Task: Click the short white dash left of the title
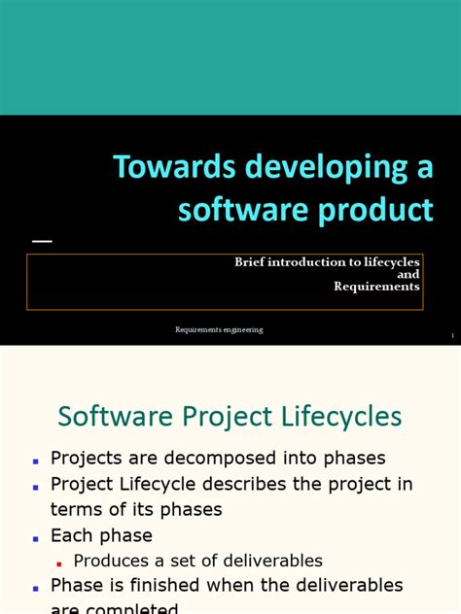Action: point(42,240)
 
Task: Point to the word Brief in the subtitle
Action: point(249,262)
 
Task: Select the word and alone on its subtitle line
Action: point(409,274)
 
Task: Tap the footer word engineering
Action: point(243,330)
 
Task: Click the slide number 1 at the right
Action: point(452,336)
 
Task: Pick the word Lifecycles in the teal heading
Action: point(345,418)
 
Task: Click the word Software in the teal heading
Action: point(103,418)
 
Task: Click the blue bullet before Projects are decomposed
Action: point(35,460)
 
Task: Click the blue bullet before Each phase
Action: point(35,537)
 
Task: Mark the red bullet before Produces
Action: point(59,563)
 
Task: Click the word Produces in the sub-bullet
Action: point(114,561)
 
